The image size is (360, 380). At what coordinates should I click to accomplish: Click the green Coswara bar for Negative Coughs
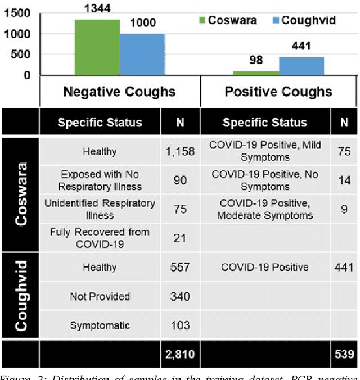point(97,47)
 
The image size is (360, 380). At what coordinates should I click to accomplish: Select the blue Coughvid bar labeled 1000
point(143,55)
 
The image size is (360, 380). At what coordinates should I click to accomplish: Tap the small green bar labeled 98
point(256,73)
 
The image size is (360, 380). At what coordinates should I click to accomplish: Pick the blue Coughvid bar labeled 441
point(301,66)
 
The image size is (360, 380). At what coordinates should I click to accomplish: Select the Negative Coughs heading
point(119,92)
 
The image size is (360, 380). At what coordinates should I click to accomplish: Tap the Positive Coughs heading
point(278,92)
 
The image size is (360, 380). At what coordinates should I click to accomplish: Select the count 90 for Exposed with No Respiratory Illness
point(180,180)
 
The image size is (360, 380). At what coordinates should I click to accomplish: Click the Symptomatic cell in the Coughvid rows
point(100,325)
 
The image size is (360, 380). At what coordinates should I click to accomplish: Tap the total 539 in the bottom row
point(343,354)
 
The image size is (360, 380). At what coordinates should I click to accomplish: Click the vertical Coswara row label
point(21,194)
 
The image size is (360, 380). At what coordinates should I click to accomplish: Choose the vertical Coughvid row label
point(21,296)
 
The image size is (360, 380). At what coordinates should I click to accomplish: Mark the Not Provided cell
point(100,296)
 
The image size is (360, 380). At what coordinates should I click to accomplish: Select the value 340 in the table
point(180,296)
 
